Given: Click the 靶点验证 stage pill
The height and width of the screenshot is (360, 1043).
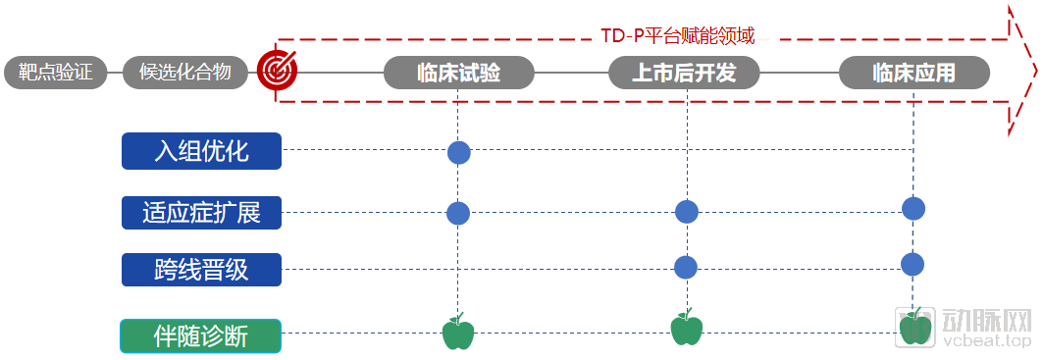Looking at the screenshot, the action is point(56,73).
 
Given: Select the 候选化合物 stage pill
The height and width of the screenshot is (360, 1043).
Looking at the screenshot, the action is point(185,73).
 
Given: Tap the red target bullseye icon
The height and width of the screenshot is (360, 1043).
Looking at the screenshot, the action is point(277,69).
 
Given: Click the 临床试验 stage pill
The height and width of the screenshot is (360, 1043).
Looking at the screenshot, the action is point(459,73).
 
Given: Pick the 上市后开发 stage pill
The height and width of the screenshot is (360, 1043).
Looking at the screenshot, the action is point(684,73).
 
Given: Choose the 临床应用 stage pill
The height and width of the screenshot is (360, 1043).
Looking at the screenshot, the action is point(913,73).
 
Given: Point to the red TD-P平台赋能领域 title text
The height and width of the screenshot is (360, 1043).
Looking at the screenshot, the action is point(678,35).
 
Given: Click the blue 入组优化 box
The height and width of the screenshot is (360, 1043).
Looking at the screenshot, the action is point(201,151).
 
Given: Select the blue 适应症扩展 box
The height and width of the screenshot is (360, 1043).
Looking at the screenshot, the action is point(201,213).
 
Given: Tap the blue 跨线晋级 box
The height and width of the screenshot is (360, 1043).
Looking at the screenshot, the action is point(201,270).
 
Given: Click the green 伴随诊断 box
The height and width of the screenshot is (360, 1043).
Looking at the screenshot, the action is point(201,336).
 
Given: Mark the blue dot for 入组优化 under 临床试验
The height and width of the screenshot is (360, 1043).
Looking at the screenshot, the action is point(459,152).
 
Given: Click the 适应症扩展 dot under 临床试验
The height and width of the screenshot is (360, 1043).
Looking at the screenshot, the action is point(458,213).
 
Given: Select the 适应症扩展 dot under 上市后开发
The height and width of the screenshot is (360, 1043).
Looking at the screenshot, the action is point(687,212).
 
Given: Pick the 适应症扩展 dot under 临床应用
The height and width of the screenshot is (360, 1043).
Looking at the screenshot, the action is point(913,208).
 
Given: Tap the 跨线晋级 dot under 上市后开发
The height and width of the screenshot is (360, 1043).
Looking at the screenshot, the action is point(686,267).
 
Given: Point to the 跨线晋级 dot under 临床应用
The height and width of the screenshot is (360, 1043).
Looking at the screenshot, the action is point(913,264).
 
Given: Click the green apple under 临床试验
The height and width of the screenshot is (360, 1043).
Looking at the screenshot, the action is point(458,332).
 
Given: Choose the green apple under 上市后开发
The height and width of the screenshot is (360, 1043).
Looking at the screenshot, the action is point(687,328).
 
